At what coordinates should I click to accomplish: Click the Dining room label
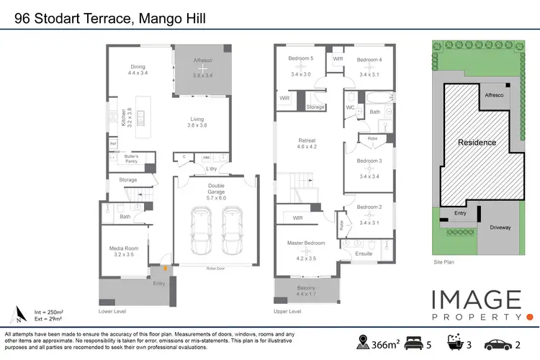(137, 67)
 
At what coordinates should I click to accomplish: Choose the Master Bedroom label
(307, 243)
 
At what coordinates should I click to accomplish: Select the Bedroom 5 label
(301, 59)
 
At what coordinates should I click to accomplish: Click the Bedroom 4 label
(369, 59)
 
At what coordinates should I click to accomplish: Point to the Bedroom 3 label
(369, 161)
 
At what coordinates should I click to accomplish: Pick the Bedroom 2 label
(369, 208)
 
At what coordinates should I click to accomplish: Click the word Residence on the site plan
(477, 143)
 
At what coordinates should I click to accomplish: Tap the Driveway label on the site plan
(500, 228)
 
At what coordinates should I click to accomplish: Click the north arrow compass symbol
(18, 314)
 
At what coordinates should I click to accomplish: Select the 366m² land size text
(386, 343)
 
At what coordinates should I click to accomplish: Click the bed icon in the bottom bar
(415, 342)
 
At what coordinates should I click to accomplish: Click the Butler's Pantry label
(131, 158)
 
